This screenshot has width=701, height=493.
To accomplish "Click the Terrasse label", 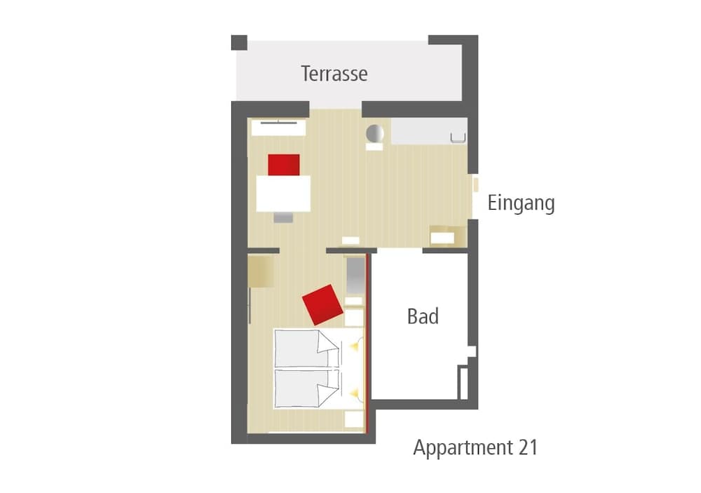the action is (334, 74).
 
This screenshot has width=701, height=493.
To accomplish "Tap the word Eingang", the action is (521, 203).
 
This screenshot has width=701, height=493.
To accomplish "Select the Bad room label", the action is (423, 316).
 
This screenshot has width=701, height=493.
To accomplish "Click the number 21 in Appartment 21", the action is (528, 447).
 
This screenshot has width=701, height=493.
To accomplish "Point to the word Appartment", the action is (463, 448).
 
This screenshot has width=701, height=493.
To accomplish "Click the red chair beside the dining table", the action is (284, 165).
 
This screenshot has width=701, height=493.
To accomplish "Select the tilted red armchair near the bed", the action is (322, 304).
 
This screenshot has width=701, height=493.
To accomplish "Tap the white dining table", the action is (283, 194).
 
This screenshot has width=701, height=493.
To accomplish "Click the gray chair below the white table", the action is (283, 217).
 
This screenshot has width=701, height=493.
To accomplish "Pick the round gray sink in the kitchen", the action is (374, 133).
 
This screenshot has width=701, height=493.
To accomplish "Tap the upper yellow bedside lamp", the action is (354, 346).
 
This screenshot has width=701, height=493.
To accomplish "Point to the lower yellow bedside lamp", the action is (354, 393).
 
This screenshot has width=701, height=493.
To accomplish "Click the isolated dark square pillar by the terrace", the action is (239, 43).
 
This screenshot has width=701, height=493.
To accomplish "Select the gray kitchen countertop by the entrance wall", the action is (429, 131).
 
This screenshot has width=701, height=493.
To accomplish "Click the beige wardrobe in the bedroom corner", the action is (261, 271).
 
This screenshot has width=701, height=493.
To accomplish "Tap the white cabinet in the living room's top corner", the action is (278, 128).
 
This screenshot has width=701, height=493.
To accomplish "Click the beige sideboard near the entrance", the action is (442, 236).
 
